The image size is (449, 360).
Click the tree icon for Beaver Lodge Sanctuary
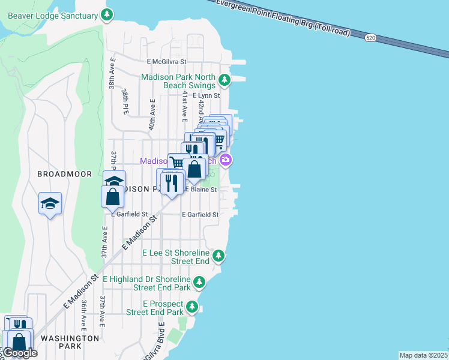click(x=107, y=14)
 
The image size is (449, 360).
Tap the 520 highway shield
click(x=370, y=38)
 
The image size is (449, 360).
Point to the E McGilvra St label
click(x=167, y=61)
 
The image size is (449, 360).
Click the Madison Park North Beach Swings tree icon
click(x=224, y=80)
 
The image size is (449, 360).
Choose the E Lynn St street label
click(x=202, y=95)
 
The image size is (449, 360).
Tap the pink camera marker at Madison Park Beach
click(x=226, y=160)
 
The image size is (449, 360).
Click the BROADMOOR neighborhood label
click(x=65, y=174)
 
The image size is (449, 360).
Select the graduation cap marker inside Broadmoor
click(x=50, y=203)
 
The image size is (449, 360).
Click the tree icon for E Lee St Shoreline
click(x=219, y=256)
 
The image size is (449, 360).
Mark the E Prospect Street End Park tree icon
click(x=192, y=308)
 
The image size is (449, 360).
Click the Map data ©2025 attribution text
click(x=423, y=355)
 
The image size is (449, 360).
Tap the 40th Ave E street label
click(x=152, y=114)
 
